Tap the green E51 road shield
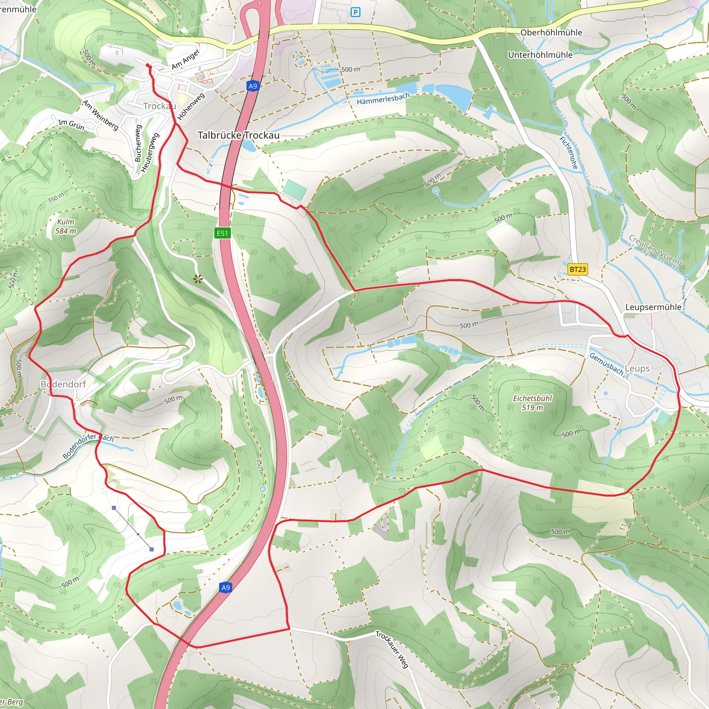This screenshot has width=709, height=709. click(x=222, y=233)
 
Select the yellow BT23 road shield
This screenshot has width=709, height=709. click(x=578, y=269)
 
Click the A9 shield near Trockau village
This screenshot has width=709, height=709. click(x=252, y=86)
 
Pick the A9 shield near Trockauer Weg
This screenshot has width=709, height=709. click(x=226, y=587)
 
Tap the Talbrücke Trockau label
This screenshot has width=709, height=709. click(x=239, y=135)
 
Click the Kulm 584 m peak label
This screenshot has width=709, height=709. click(x=66, y=226)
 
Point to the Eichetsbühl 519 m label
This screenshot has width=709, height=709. click(x=532, y=403)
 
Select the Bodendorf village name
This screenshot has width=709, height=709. click(x=63, y=384)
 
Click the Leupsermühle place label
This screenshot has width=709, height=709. click(x=653, y=307)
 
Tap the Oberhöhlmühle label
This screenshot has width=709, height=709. click(x=551, y=33)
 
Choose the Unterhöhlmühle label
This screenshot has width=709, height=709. click(x=540, y=55)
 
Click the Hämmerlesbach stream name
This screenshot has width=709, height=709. click(x=383, y=99)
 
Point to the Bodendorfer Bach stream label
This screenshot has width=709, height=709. click(x=88, y=446)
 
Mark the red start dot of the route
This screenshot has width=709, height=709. click(x=148, y=66)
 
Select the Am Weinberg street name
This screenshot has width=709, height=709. click(x=100, y=115)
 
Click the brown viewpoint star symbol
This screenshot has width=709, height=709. click(x=198, y=279)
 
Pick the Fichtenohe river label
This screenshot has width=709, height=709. click(x=568, y=153)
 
